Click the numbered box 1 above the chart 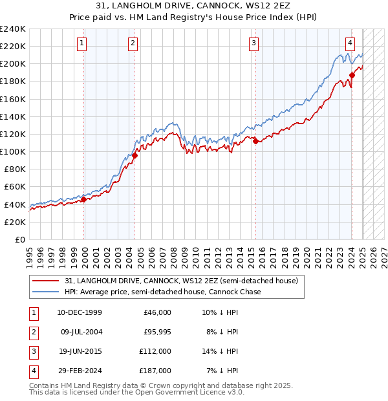coord(82,43)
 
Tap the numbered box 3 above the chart coord(254,43)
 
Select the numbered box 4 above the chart coord(350,43)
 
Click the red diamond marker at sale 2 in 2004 coord(135,155)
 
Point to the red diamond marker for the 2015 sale coord(255,141)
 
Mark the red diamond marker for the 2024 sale coord(352,75)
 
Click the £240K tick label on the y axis coord(13,29)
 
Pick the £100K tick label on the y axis coord(13,151)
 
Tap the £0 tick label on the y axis coord(19,239)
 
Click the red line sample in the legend coord(45,281)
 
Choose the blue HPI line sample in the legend coord(45,292)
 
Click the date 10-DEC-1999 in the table coord(79,312)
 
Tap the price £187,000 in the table coord(155,371)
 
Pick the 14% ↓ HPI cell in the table coord(220,351)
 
